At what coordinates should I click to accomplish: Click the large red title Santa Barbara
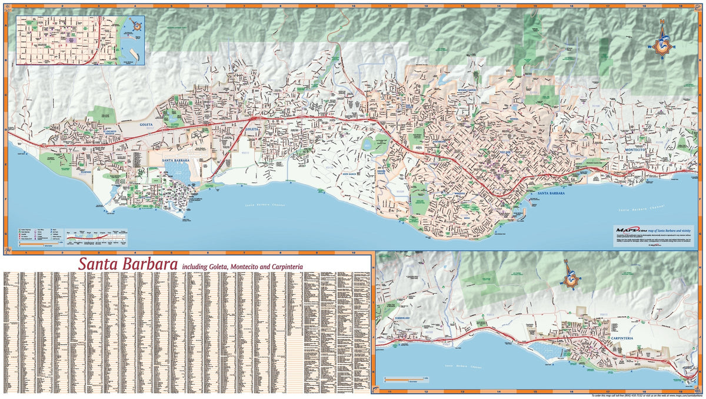(x=128, y=264)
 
